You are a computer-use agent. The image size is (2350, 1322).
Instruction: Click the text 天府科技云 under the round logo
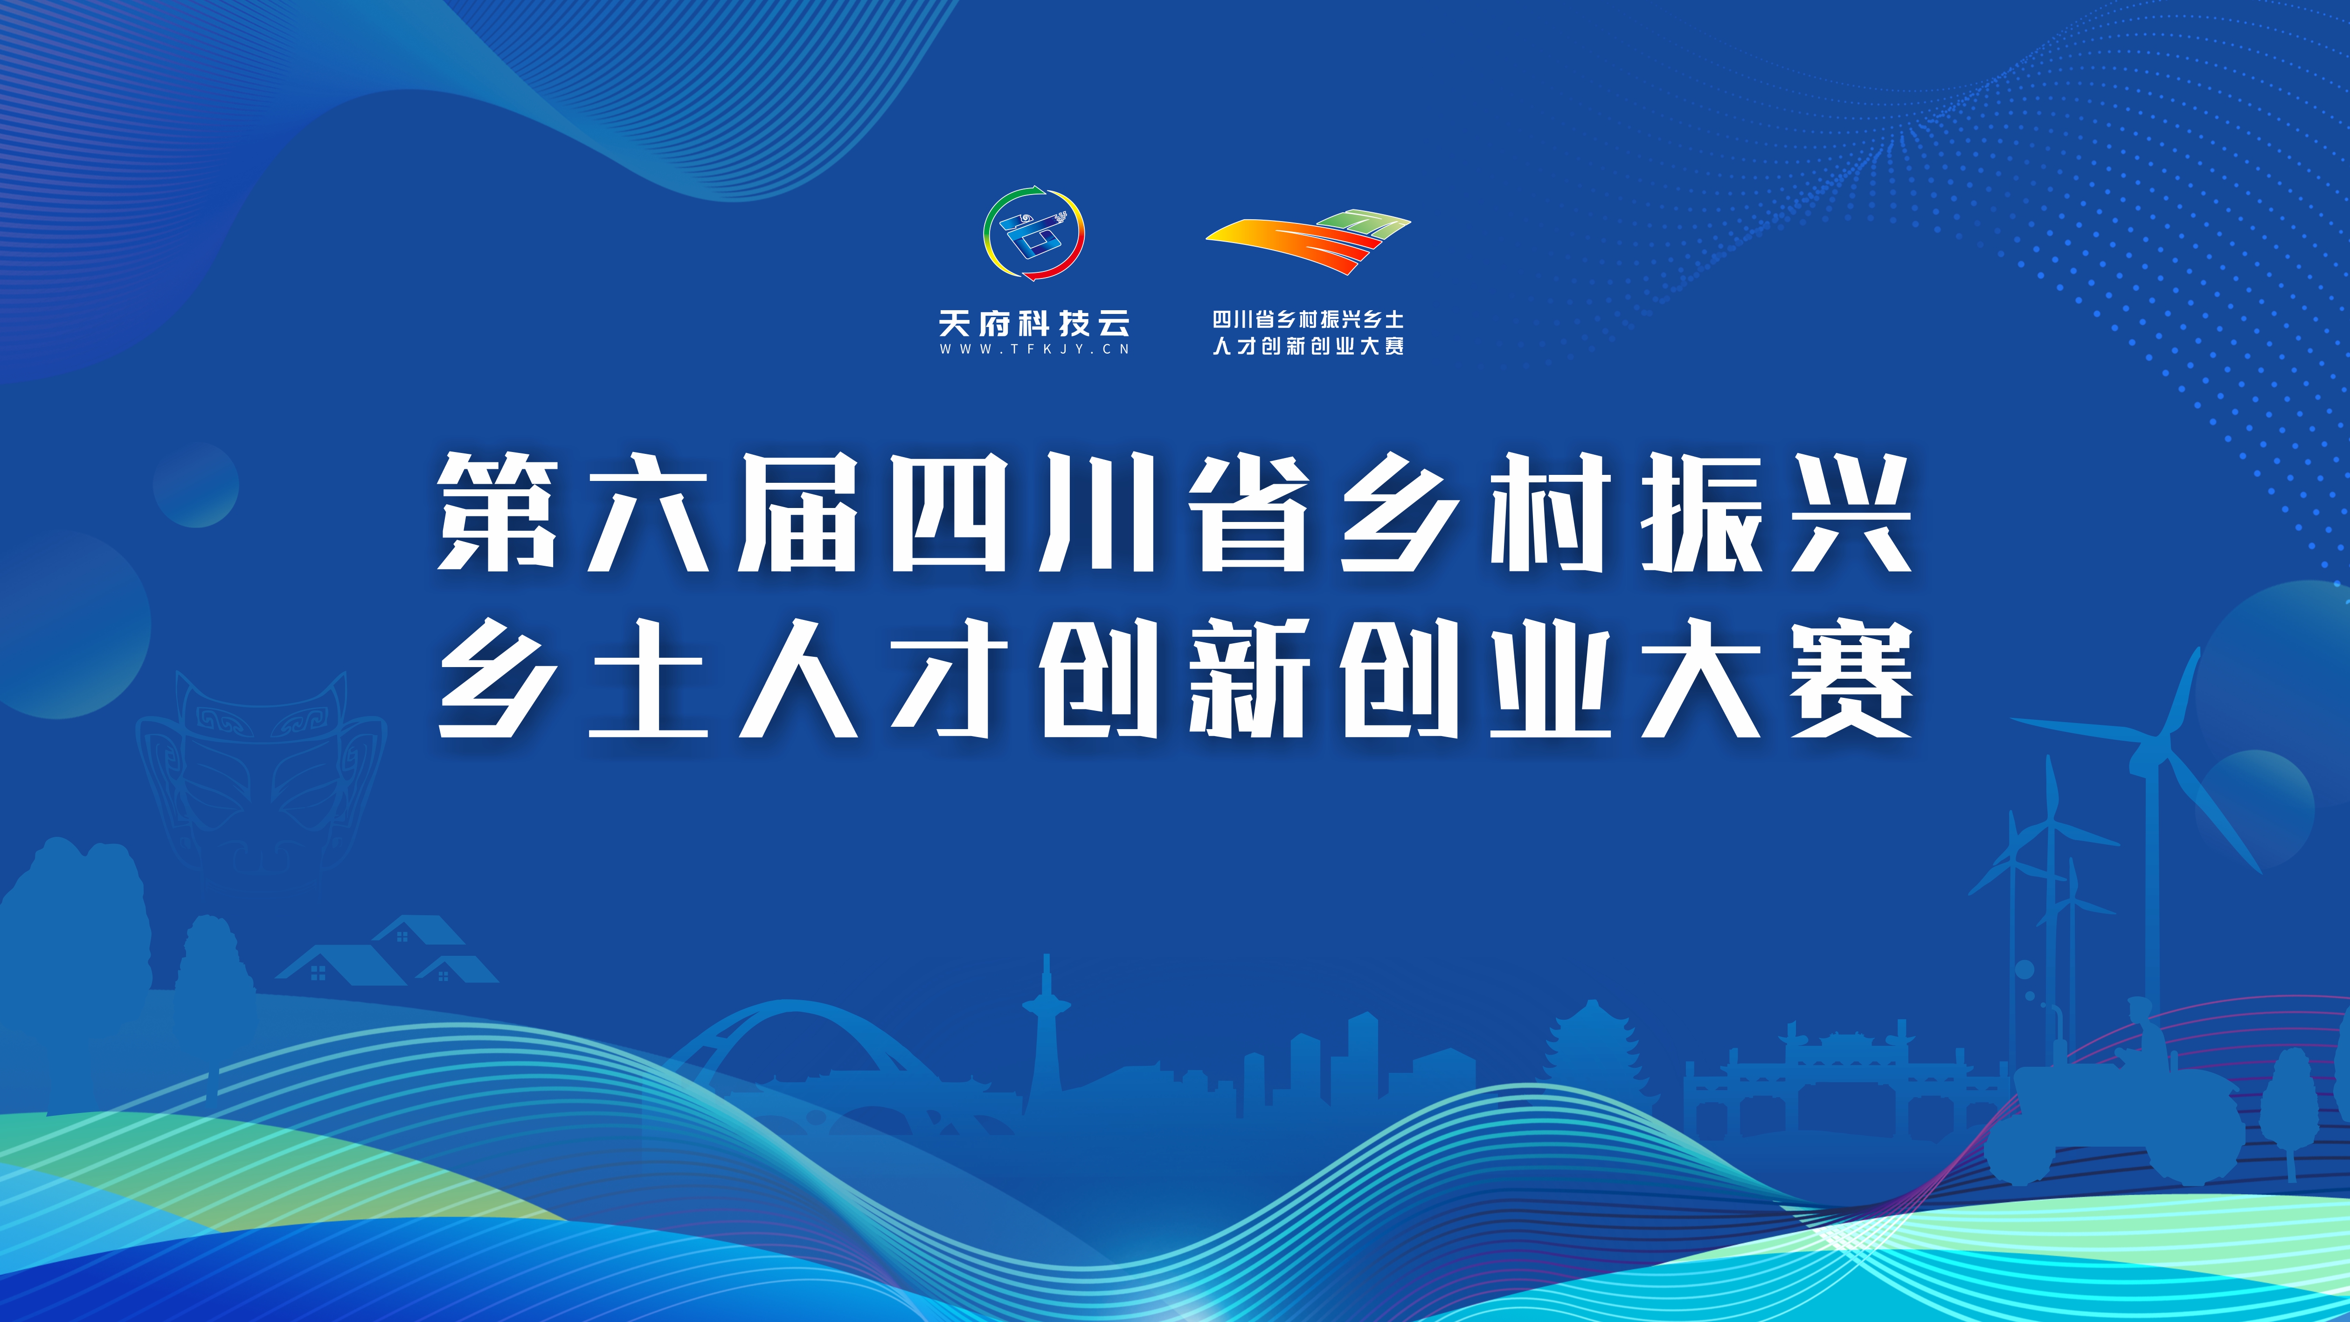click(1033, 323)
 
